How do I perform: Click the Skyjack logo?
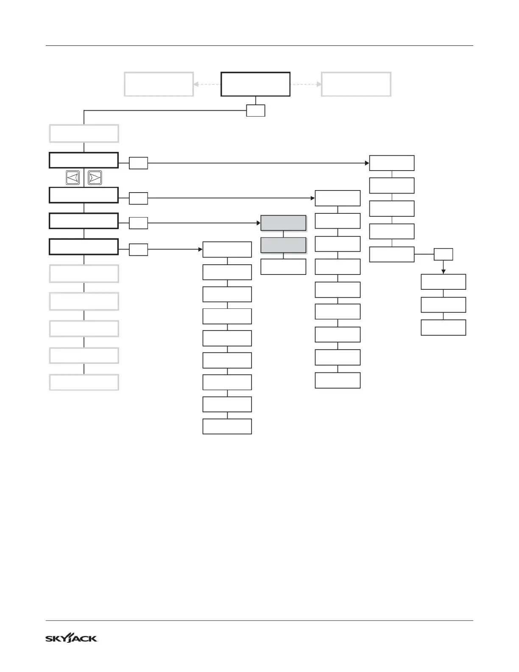pyautogui.click(x=71, y=638)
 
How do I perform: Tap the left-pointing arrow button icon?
pyautogui.click(x=73, y=178)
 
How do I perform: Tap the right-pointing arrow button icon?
pyautogui.click(x=95, y=178)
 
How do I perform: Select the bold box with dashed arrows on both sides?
pyautogui.click(x=255, y=84)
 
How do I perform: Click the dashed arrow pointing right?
pyautogui.click(x=306, y=84)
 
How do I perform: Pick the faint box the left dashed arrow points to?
pyautogui.click(x=159, y=84)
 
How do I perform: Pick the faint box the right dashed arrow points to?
pyautogui.click(x=356, y=84)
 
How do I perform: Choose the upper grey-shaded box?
pyautogui.click(x=283, y=223)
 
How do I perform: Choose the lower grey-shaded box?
pyautogui.click(x=283, y=245)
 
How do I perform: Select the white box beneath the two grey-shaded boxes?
pyautogui.click(x=283, y=267)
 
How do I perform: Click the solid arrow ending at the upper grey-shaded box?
pyautogui.click(x=204, y=223)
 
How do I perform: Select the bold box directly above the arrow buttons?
pyautogui.click(x=84, y=160)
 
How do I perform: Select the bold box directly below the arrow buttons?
pyautogui.click(x=84, y=195)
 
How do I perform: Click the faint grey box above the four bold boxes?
pyautogui.click(x=84, y=133)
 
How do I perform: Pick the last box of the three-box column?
pyautogui.click(x=443, y=328)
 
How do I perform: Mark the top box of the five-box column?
pyautogui.click(x=391, y=163)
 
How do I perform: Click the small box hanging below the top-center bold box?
pyautogui.click(x=256, y=110)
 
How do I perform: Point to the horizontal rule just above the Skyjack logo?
pyautogui.click(x=259, y=621)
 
